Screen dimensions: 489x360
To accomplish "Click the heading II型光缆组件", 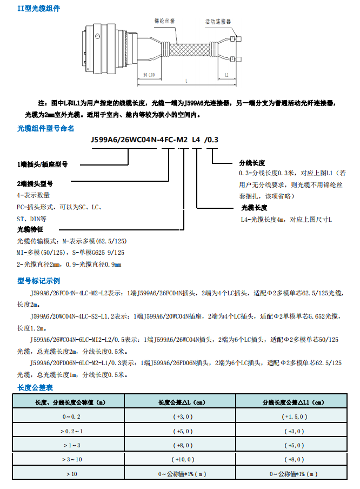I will pos(39,9).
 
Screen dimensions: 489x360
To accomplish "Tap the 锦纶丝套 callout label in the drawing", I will pos(164,21).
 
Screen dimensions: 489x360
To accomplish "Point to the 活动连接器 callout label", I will pos(218,22).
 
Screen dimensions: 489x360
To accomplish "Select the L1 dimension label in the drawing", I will pos(227,75).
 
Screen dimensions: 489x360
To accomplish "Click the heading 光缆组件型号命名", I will pos(46,128).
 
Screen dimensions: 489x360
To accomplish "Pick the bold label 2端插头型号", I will pos(38,183).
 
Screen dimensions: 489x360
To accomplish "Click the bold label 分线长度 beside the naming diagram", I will pos(252,163).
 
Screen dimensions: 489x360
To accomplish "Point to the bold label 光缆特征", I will pos(30,229).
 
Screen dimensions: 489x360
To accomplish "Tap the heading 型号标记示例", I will pos(39,281).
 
